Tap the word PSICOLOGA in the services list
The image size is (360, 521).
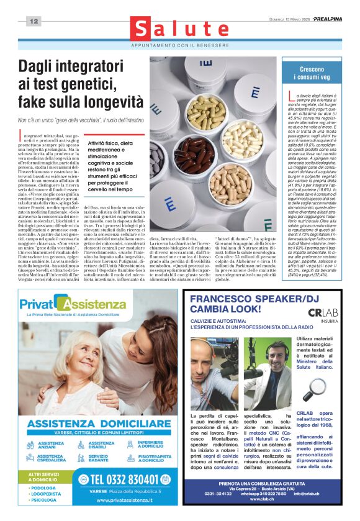tap(44, 499)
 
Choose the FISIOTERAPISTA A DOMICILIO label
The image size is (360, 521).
tap(155, 458)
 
